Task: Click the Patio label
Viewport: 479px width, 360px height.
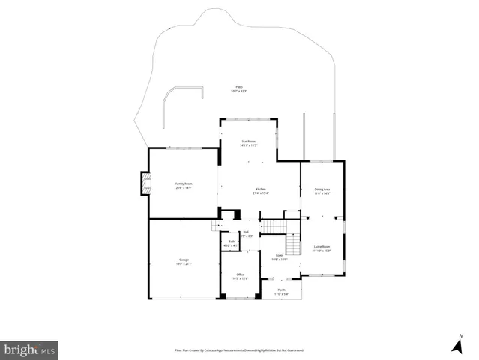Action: point(239,89)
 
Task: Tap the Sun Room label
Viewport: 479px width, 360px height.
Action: point(248,143)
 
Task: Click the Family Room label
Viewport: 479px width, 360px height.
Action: point(183,186)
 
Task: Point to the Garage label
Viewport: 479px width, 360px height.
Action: point(184,262)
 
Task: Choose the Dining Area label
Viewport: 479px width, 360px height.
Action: point(322,191)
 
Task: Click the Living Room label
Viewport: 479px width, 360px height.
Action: point(322,248)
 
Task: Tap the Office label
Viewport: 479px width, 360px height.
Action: point(240,276)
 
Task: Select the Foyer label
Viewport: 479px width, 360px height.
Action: point(279,257)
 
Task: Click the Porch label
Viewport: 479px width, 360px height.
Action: point(281,291)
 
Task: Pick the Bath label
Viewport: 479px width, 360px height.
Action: point(231,243)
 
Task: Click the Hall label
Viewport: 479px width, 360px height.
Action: point(245,234)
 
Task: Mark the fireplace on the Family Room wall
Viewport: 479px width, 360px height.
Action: point(142,185)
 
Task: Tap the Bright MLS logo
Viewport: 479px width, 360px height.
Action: point(30,349)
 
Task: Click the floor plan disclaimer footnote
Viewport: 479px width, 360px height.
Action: point(239,349)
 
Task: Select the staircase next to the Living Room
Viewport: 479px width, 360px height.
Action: point(293,245)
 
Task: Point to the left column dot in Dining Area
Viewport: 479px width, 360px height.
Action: point(306,217)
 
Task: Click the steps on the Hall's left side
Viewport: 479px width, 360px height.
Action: point(217,226)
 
